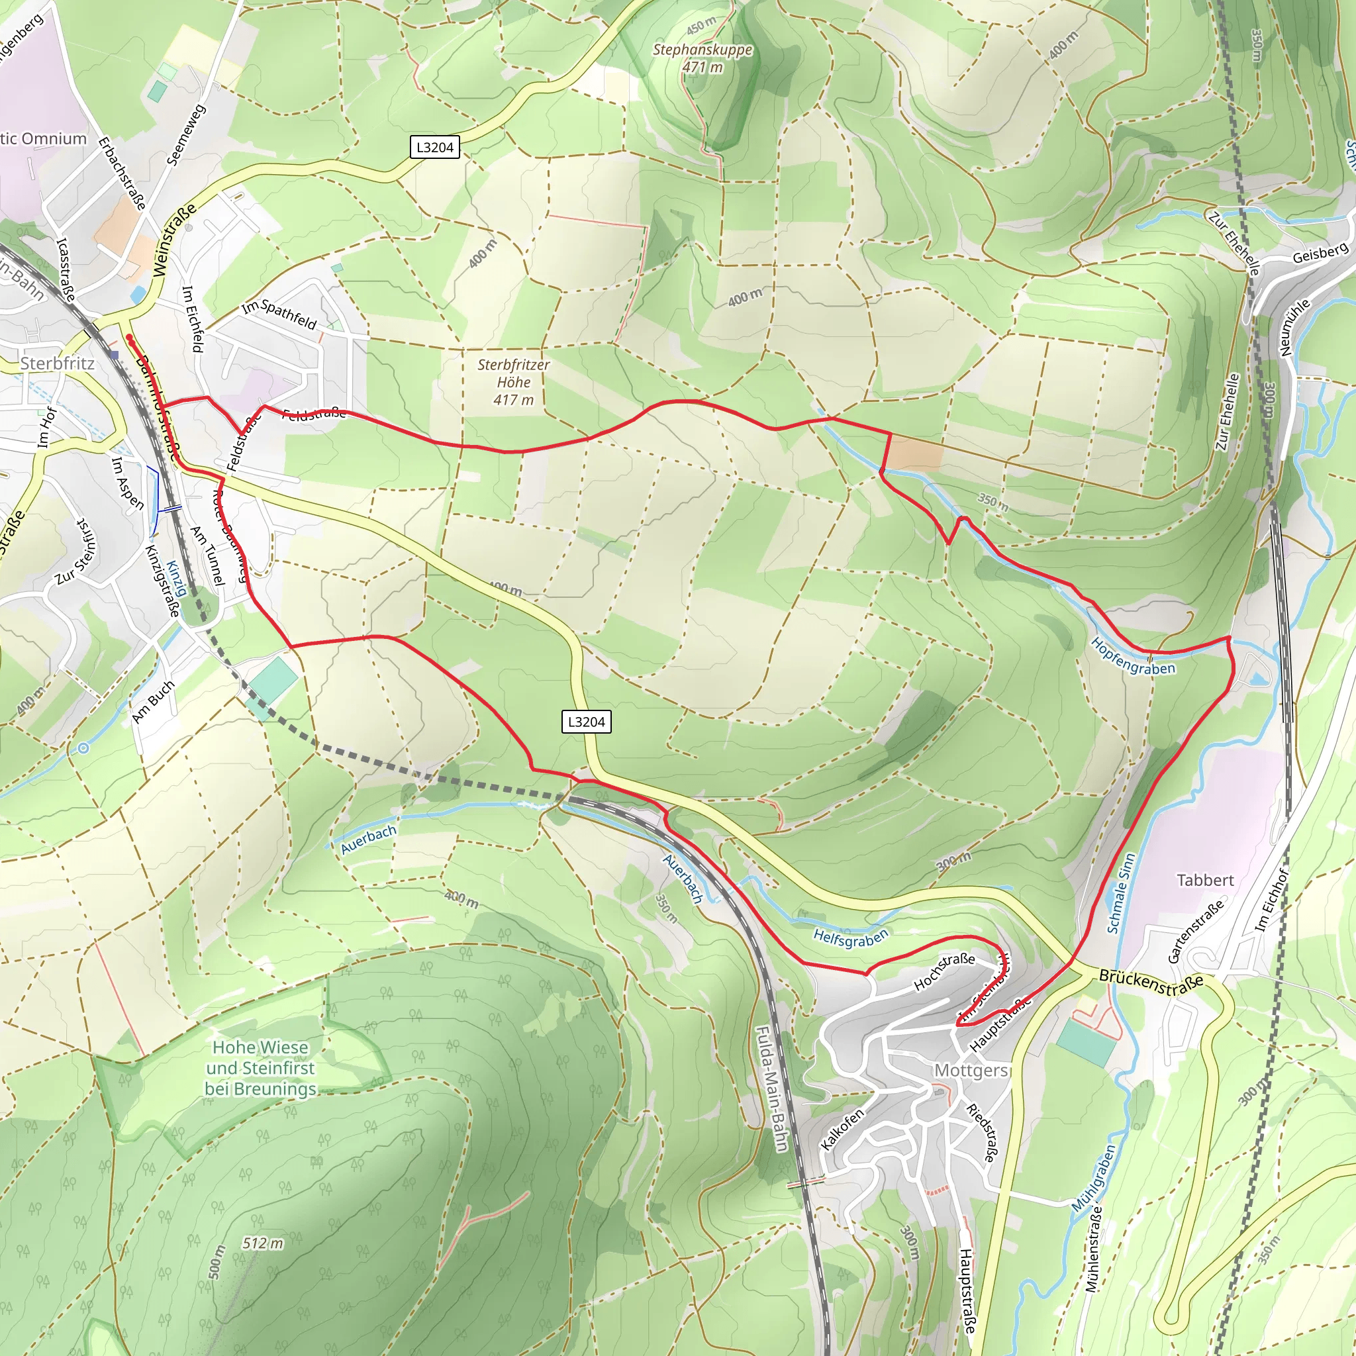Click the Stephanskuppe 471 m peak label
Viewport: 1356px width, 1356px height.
(x=702, y=58)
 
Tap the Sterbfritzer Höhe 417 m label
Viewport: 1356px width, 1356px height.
(x=513, y=382)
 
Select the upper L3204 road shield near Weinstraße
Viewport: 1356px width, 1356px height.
(x=434, y=148)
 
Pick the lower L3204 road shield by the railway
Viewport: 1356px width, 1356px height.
(x=586, y=722)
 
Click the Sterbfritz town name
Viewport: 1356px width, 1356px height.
(x=57, y=363)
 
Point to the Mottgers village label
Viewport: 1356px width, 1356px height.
(x=971, y=1071)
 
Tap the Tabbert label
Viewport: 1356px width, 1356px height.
(x=1204, y=880)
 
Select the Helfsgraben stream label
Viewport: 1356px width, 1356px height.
(x=851, y=936)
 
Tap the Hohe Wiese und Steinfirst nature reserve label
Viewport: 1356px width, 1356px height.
(x=260, y=1067)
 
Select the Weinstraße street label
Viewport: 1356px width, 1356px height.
(x=173, y=241)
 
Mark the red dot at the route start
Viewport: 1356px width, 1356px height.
(x=130, y=338)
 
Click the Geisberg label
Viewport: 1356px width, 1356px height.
(x=1320, y=253)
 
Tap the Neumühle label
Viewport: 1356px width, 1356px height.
(x=1295, y=327)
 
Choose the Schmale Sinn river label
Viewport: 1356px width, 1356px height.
(x=1120, y=893)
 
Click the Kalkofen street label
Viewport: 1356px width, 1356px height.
(x=842, y=1130)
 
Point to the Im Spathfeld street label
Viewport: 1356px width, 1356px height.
(x=279, y=315)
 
